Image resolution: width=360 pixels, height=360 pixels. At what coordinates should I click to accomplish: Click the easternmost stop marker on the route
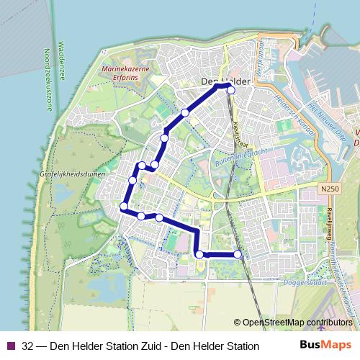click(238, 254)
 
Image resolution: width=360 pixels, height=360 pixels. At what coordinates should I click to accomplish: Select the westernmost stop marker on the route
click(124, 207)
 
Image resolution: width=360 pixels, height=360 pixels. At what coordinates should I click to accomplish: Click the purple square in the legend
click(9, 346)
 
